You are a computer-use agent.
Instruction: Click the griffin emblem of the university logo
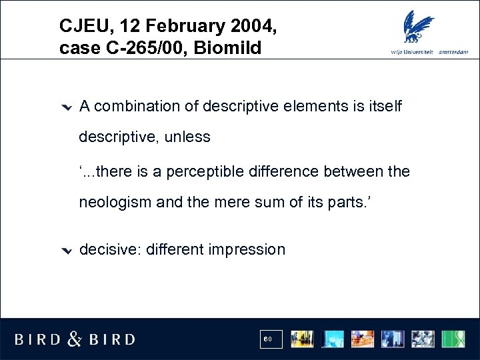tap(419, 26)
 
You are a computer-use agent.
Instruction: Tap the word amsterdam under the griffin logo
tap(454, 53)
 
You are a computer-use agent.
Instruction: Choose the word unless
tap(188, 137)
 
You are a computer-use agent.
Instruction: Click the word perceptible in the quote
tap(203, 171)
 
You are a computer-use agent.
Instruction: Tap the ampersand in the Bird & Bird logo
tap(74, 339)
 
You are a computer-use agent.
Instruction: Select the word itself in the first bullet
tap(384, 106)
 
